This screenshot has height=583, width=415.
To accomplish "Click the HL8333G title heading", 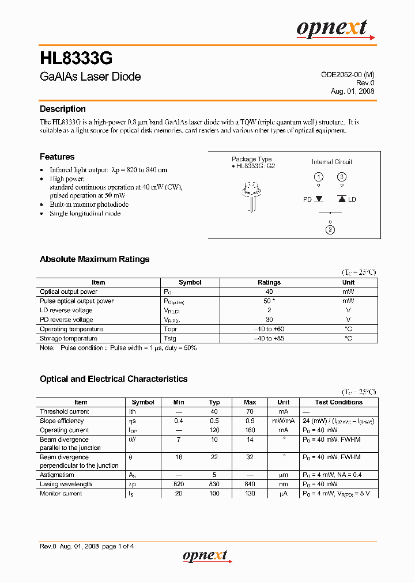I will [x=76, y=59].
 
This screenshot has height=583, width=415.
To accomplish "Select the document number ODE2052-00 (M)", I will [x=348, y=75].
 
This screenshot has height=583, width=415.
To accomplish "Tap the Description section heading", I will [x=62, y=109].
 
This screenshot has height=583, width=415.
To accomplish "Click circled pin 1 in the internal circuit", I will [x=318, y=177].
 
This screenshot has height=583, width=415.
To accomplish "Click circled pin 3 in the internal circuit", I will [x=342, y=177].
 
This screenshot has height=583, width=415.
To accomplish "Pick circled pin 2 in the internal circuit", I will [x=330, y=230].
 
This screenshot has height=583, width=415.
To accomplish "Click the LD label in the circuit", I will [x=352, y=199].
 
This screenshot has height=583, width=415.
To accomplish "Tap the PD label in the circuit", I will [x=307, y=199].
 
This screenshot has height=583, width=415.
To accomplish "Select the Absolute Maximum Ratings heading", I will [x=95, y=259].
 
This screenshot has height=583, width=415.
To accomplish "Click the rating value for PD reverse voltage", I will [x=269, y=320].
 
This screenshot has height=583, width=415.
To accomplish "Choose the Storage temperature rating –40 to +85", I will [x=269, y=338].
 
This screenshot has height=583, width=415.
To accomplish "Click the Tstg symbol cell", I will [x=171, y=338].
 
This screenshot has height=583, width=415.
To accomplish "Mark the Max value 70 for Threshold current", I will [x=250, y=411].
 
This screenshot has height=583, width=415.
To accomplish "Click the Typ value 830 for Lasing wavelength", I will [x=214, y=484].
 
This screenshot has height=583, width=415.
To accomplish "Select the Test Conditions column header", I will [x=339, y=402].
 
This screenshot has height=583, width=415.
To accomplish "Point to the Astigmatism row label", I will [x=57, y=475].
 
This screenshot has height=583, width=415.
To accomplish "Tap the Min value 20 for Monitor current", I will [x=179, y=494].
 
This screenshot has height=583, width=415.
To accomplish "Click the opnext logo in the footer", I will [x=205, y=556].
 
